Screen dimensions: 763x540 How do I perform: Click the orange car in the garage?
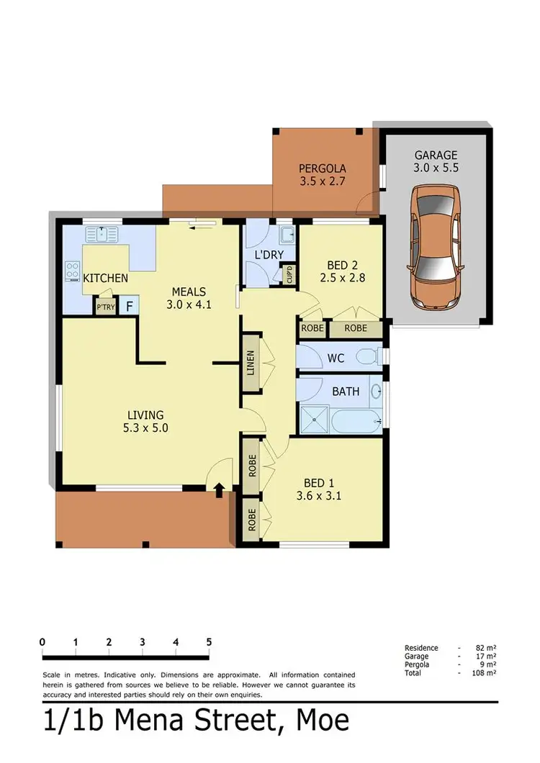436,244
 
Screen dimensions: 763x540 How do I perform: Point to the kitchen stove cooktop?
73,271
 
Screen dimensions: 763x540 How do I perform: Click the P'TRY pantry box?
105,307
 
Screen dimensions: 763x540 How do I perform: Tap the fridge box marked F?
130,306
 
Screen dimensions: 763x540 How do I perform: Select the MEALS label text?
189,292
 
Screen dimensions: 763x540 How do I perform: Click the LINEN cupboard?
251,362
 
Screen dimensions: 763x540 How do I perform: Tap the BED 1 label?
318,483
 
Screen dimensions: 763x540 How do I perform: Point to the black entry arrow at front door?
218,490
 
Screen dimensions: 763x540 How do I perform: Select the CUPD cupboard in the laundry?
289,275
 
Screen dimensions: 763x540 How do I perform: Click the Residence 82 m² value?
488,649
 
